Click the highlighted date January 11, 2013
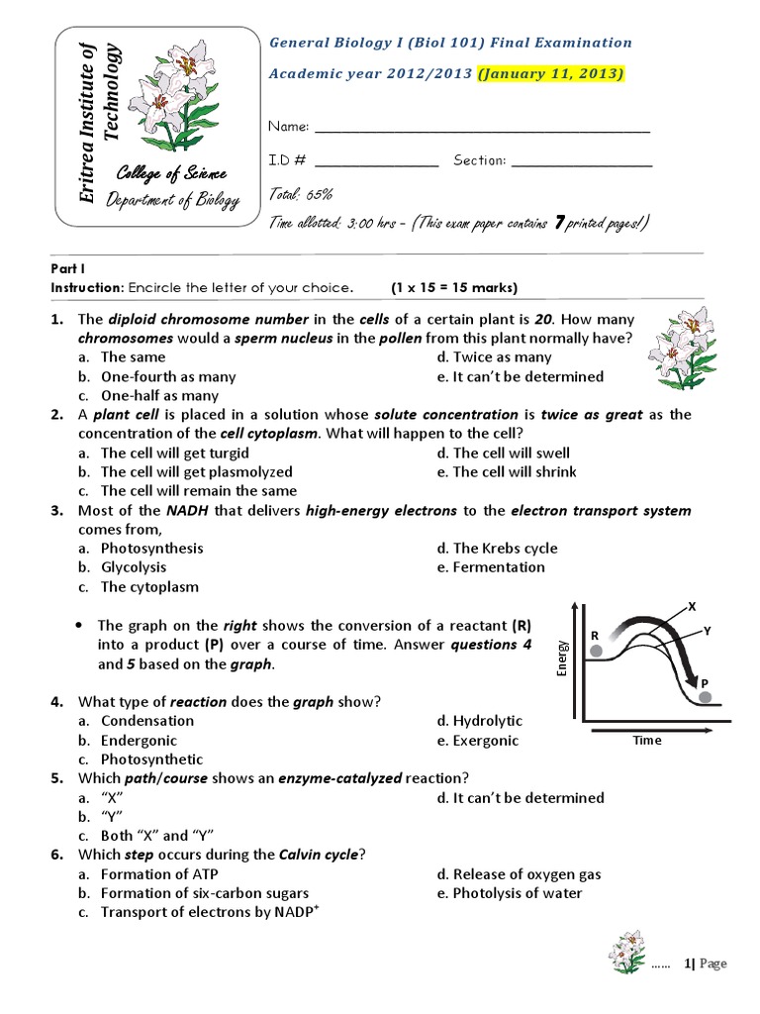click(x=551, y=74)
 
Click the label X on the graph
click(x=692, y=605)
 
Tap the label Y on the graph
click(x=707, y=631)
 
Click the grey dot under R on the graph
click(x=596, y=651)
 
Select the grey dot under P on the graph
click(x=704, y=698)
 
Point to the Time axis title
click(x=647, y=740)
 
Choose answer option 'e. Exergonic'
click(x=478, y=741)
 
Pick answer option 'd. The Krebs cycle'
click(x=497, y=548)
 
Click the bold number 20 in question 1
click(x=542, y=319)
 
